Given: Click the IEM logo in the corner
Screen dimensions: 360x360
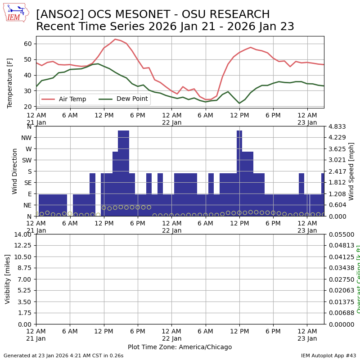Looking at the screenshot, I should coord(16,12).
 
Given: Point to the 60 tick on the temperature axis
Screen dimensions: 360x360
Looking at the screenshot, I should coord(28,44).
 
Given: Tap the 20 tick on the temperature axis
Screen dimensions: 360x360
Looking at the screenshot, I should coord(28,107).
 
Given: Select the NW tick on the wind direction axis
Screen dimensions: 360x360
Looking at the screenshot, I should coord(26,138).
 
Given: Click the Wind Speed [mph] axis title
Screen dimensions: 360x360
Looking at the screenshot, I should coord(351,171).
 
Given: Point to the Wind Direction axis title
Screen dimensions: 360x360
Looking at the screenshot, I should coord(15,171).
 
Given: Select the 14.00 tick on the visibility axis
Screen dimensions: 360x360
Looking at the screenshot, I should coord(23,234).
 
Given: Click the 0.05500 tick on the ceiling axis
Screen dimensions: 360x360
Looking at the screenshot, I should coord(339,234).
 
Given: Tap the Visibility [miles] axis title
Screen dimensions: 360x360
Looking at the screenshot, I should coord(8,279).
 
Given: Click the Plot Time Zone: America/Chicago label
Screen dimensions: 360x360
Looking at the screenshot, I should coord(180,347).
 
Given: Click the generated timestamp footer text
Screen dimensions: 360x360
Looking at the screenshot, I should coord(63,355).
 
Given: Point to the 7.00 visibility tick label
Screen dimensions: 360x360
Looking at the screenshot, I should coord(25,279).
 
